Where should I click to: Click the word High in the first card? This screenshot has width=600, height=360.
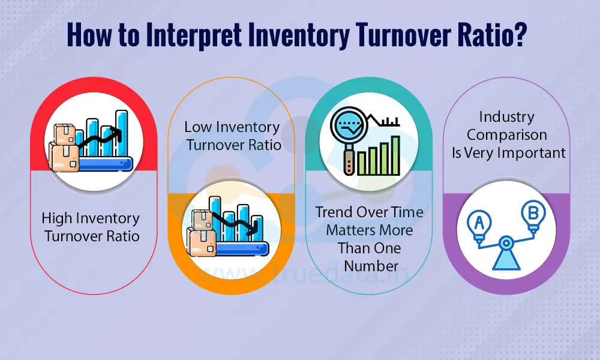[56, 218]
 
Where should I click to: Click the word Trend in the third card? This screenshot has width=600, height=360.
[334, 212]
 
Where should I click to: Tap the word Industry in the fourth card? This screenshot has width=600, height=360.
[506, 116]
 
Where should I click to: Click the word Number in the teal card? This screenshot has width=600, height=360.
[369, 265]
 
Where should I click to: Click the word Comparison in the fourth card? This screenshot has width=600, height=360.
[507, 135]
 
